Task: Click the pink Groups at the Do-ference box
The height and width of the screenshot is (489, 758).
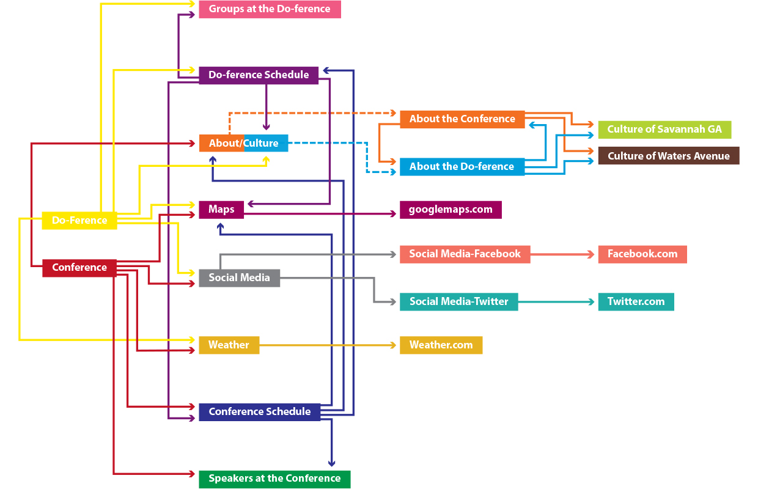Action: (270, 9)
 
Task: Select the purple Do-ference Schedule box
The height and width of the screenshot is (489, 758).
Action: (259, 75)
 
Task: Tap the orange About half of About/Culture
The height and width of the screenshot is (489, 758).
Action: (221, 143)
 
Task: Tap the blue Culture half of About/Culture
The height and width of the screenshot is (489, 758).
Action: (266, 143)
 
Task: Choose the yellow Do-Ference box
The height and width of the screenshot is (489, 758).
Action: (79, 220)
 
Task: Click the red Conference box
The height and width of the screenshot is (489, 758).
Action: (79, 268)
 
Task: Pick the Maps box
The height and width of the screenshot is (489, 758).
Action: (221, 210)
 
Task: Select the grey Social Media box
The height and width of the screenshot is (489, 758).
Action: (239, 278)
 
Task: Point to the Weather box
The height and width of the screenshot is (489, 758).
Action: (229, 345)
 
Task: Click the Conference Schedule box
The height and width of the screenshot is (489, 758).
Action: (260, 411)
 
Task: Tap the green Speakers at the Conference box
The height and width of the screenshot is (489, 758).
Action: (274, 479)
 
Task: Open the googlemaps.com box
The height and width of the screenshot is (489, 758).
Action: (451, 210)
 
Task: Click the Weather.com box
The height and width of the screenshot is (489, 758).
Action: (441, 345)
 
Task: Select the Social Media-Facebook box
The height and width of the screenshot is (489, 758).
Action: (465, 254)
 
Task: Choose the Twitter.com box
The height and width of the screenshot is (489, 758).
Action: (636, 301)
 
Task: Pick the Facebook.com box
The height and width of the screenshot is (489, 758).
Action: (642, 254)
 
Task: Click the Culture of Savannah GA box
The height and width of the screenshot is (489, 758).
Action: (664, 130)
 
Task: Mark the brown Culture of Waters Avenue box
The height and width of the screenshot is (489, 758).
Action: (668, 156)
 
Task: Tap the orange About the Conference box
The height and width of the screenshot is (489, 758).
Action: (462, 119)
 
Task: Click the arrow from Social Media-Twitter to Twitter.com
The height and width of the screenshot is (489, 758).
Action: (556, 301)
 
